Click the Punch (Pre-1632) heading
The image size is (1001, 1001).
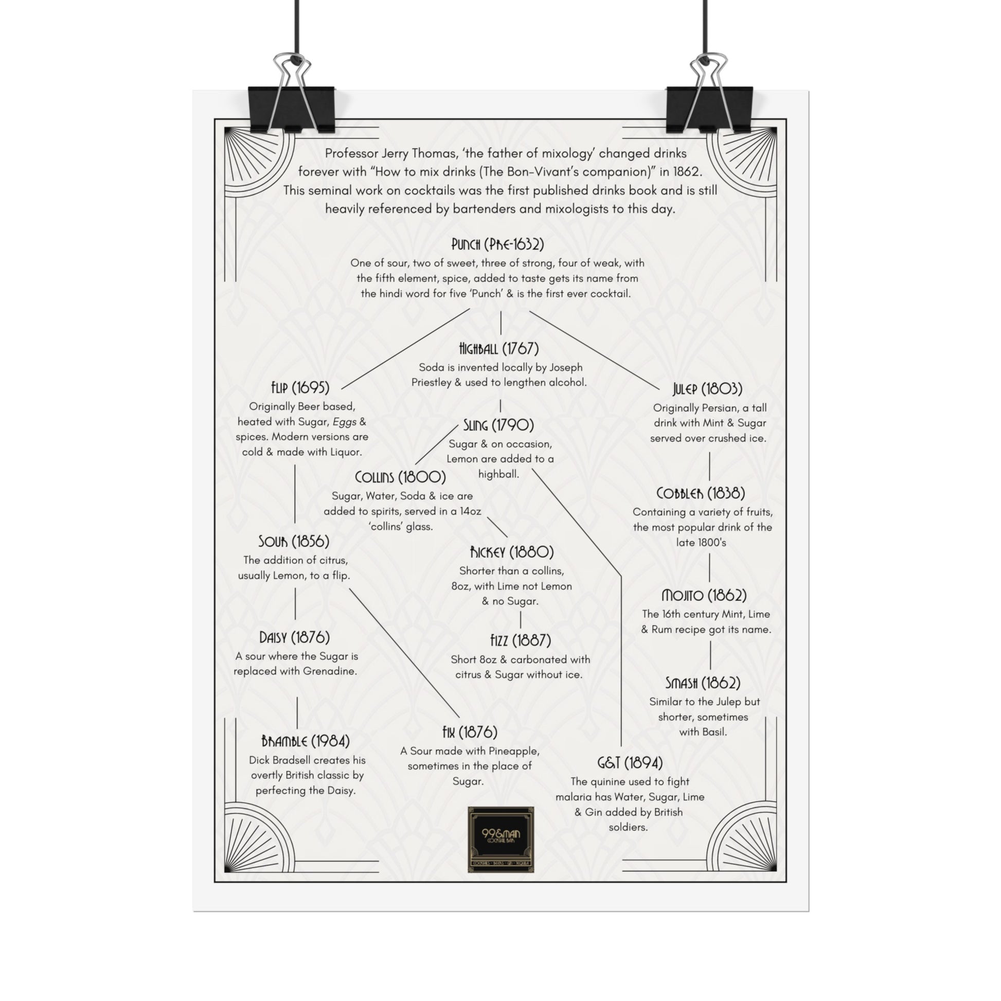click(497, 244)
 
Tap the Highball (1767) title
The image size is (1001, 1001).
click(499, 348)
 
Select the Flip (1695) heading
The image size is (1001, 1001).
click(300, 387)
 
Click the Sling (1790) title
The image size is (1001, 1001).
click(498, 425)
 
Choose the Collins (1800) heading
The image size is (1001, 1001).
click(400, 477)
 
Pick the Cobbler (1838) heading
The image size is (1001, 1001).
click(701, 493)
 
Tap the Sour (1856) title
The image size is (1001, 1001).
click(294, 542)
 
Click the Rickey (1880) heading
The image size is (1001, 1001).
click(511, 552)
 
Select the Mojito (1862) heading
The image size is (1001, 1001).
click(704, 595)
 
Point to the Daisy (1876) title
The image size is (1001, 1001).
click(294, 637)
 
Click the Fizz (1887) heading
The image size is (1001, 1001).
click(520, 641)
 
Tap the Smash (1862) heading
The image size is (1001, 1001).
click(703, 684)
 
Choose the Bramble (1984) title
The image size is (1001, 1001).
click(305, 741)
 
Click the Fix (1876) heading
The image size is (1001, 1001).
click(470, 732)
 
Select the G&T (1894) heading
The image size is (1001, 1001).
click(630, 763)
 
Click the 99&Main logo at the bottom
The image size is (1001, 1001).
click(500, 839)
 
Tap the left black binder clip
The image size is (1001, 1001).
click(291, 109)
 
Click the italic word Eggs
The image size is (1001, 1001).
click(344, 422)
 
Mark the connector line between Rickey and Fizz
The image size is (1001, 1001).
click(520, 620)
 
